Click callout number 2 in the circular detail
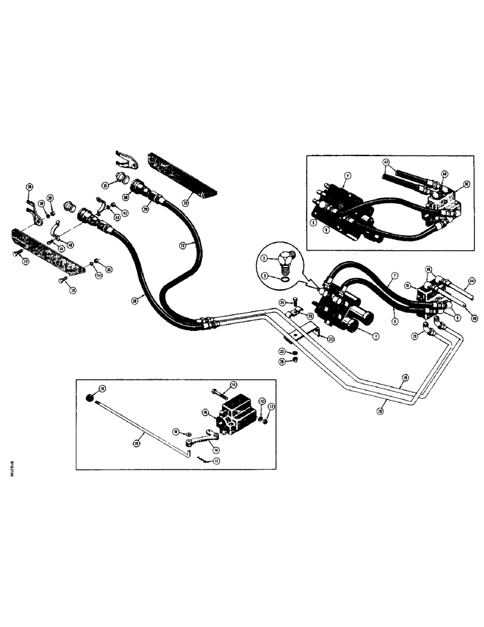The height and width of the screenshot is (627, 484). (x=265, y=258)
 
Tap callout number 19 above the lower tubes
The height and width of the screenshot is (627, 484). (x=405, y=378)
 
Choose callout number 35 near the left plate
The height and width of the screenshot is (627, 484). (x=109, y=270)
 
